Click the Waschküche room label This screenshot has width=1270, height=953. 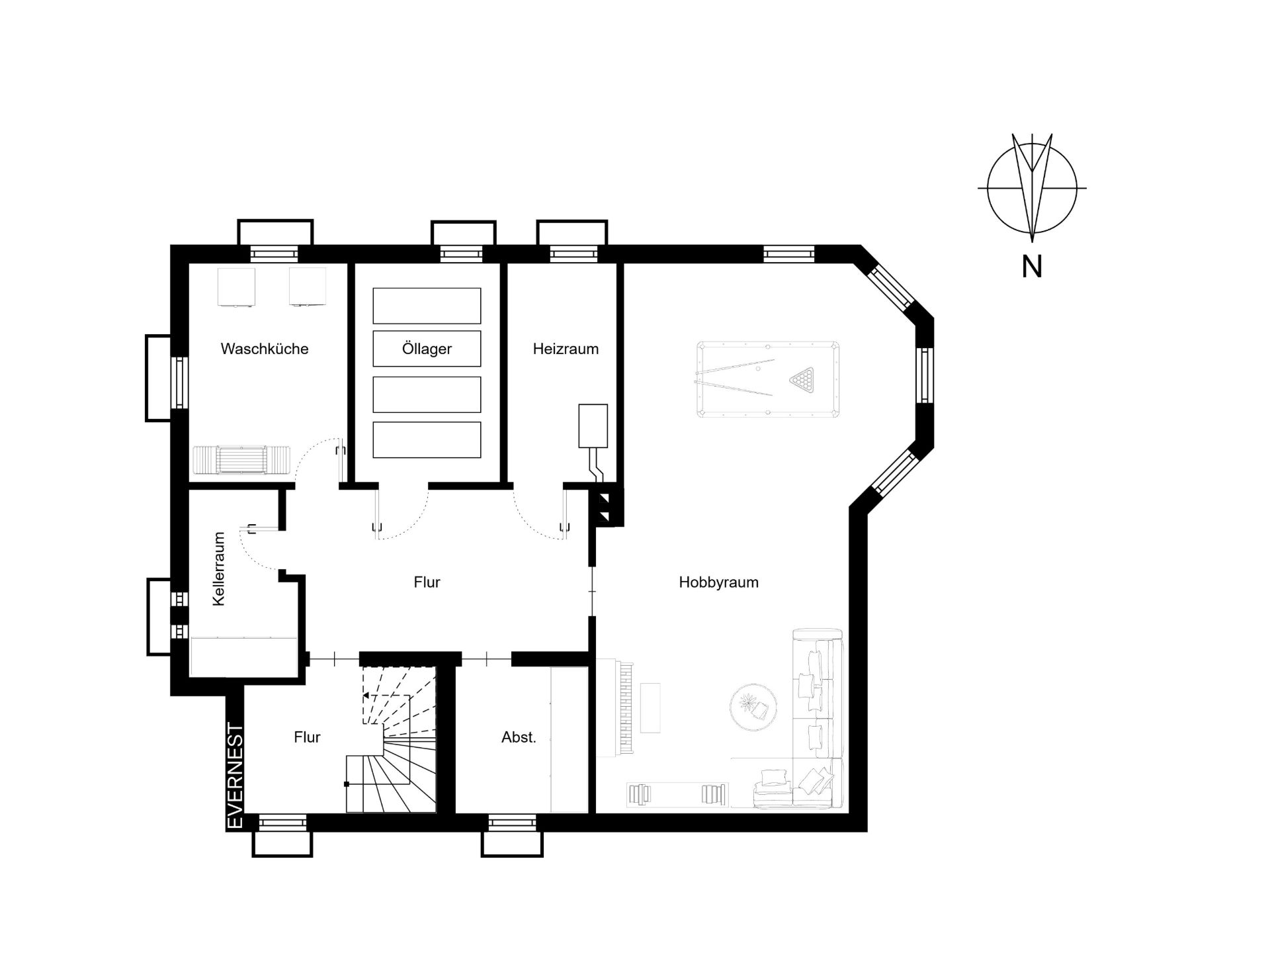point(265,349)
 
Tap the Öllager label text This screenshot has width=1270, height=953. point(427,349)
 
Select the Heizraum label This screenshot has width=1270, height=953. point(566,349)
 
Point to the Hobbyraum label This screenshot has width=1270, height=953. point(718,582)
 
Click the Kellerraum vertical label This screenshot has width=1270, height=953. point(219,568)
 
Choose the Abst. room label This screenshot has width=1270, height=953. point(519,737)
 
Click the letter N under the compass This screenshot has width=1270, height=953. point(1032,267)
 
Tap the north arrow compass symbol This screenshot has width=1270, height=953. point(1032,188)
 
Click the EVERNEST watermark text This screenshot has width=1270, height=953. point(235,776)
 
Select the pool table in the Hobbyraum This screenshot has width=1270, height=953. point(768,379)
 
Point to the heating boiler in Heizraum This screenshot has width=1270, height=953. point(593,426)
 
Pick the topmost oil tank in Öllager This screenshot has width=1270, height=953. point(427,306)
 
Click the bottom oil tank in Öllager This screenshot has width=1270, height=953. point(427,440)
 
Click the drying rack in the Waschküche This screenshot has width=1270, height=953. point(241,459)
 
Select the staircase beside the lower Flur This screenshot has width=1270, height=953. point(391,739)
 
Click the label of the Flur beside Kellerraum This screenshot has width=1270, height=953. point(427,582)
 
